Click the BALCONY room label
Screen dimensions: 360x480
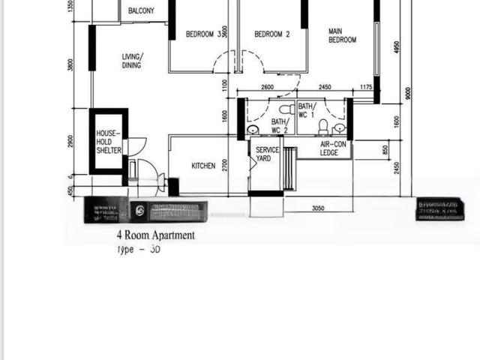tap(141, 10)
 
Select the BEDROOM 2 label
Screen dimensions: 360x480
tap(271, 34)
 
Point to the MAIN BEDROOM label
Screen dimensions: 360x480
tap(342, 35)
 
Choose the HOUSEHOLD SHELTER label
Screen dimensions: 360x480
tap(108, 142)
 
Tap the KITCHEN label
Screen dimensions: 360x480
tap(203, 166)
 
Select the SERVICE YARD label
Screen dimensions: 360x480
tap(267, 154)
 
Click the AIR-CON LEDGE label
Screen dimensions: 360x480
tap(334, 148)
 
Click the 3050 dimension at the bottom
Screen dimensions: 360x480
tap(318, 208)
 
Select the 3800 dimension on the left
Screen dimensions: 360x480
tap(70, 65)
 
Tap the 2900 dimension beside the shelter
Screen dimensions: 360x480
tap(70, 141)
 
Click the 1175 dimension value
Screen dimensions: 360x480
tap(365, 88)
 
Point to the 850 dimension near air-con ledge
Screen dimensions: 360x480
tap(385, 150)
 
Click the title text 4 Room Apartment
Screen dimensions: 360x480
tap(154, 235)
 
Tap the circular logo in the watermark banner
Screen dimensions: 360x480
tap(139, 211)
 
